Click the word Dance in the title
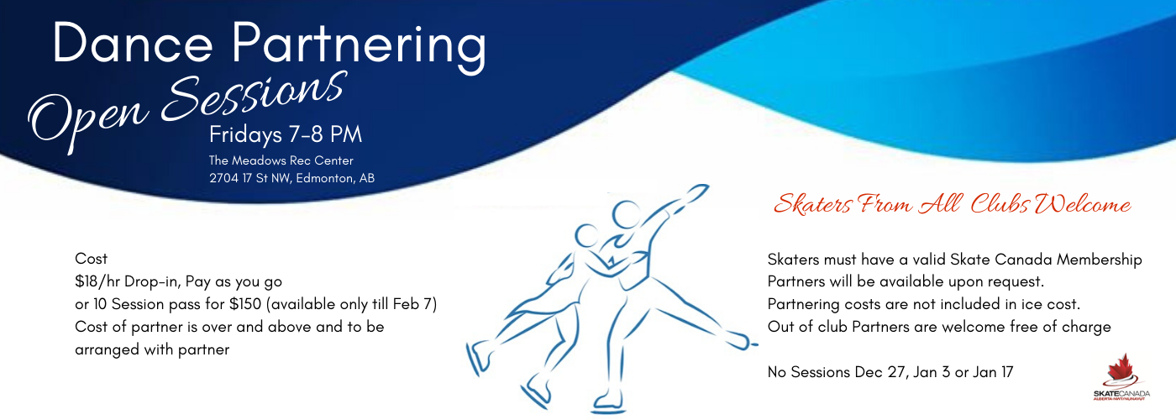point(133,43)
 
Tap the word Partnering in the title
point(360,47)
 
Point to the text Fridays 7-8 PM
point(286,135)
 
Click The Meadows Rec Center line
point(281,160)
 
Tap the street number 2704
point(223,178)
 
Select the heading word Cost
point(91,259)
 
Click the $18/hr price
point(97,282)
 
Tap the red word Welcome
point(1083,204)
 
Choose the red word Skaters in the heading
point(812,203)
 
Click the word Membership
point(1100,260)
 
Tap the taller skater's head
point(626,214)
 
